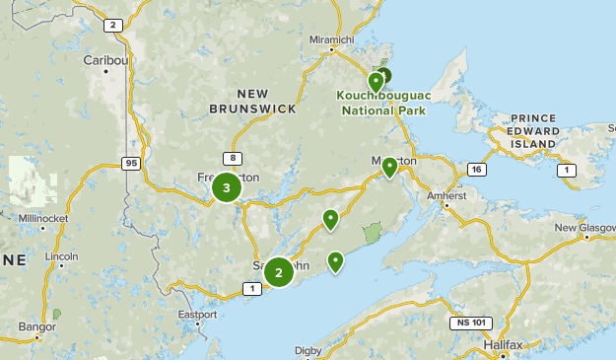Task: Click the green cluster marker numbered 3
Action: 227,187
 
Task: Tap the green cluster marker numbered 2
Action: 279,272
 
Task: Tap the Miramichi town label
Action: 330,39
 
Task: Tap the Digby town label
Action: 308,349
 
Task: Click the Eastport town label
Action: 197,315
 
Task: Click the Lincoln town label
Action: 61,256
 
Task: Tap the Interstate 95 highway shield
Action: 131,162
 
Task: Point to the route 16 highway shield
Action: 477,170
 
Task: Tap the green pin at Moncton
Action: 390,166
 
